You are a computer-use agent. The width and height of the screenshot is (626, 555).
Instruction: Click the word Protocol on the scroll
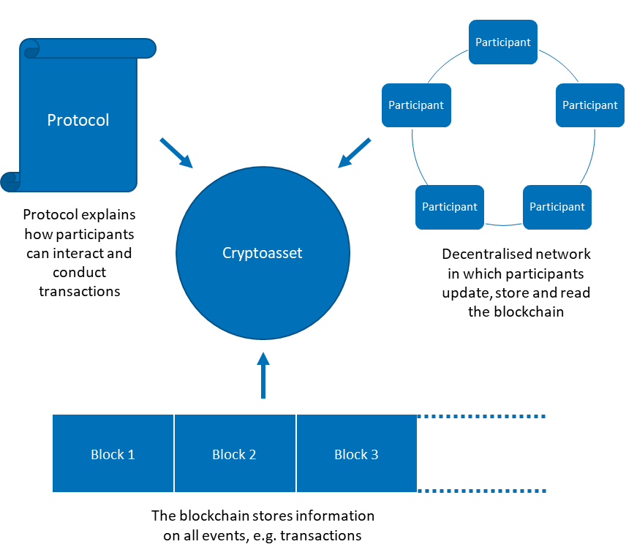(x=78, y=120)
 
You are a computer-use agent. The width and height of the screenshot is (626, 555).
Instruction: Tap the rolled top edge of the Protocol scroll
(x=88, y=49)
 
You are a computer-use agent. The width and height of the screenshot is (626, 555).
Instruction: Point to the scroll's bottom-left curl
(x=11, y=181)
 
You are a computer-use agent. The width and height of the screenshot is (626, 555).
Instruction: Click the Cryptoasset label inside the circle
(x=262, y=253)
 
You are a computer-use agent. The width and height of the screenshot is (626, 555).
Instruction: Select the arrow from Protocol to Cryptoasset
(x=176, y=152)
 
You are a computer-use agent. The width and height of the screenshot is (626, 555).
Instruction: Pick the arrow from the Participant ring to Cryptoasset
(x=354, y=153)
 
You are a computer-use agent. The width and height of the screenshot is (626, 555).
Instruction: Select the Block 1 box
(x=113, y=453)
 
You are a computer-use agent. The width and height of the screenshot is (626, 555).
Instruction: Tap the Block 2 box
(x=235, y=453)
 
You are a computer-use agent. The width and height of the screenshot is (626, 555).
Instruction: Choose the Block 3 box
(x=357, y=453)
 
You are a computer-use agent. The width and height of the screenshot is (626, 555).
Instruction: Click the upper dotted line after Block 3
(x=482, y=416)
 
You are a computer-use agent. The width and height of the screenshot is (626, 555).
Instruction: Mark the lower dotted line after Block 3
(x=482, y=491)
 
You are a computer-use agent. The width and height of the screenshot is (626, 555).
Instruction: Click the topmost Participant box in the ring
(x=503, y=42)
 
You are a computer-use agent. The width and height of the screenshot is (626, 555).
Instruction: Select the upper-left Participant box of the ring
(x=416, y=105)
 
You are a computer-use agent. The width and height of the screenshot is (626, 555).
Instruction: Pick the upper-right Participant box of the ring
(x=589, y=105)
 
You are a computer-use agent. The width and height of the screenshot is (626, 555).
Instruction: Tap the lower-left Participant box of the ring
(x=450, y=207)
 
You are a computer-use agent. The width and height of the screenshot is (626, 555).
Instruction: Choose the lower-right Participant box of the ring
(x=557, y=207)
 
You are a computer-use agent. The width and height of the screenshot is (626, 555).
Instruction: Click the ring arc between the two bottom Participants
(x=504, y=224)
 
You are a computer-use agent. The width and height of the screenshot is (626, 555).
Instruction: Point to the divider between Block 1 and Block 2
(x=174, y=453)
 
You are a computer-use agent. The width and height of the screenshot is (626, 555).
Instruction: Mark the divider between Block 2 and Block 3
(x=296, y=453)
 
